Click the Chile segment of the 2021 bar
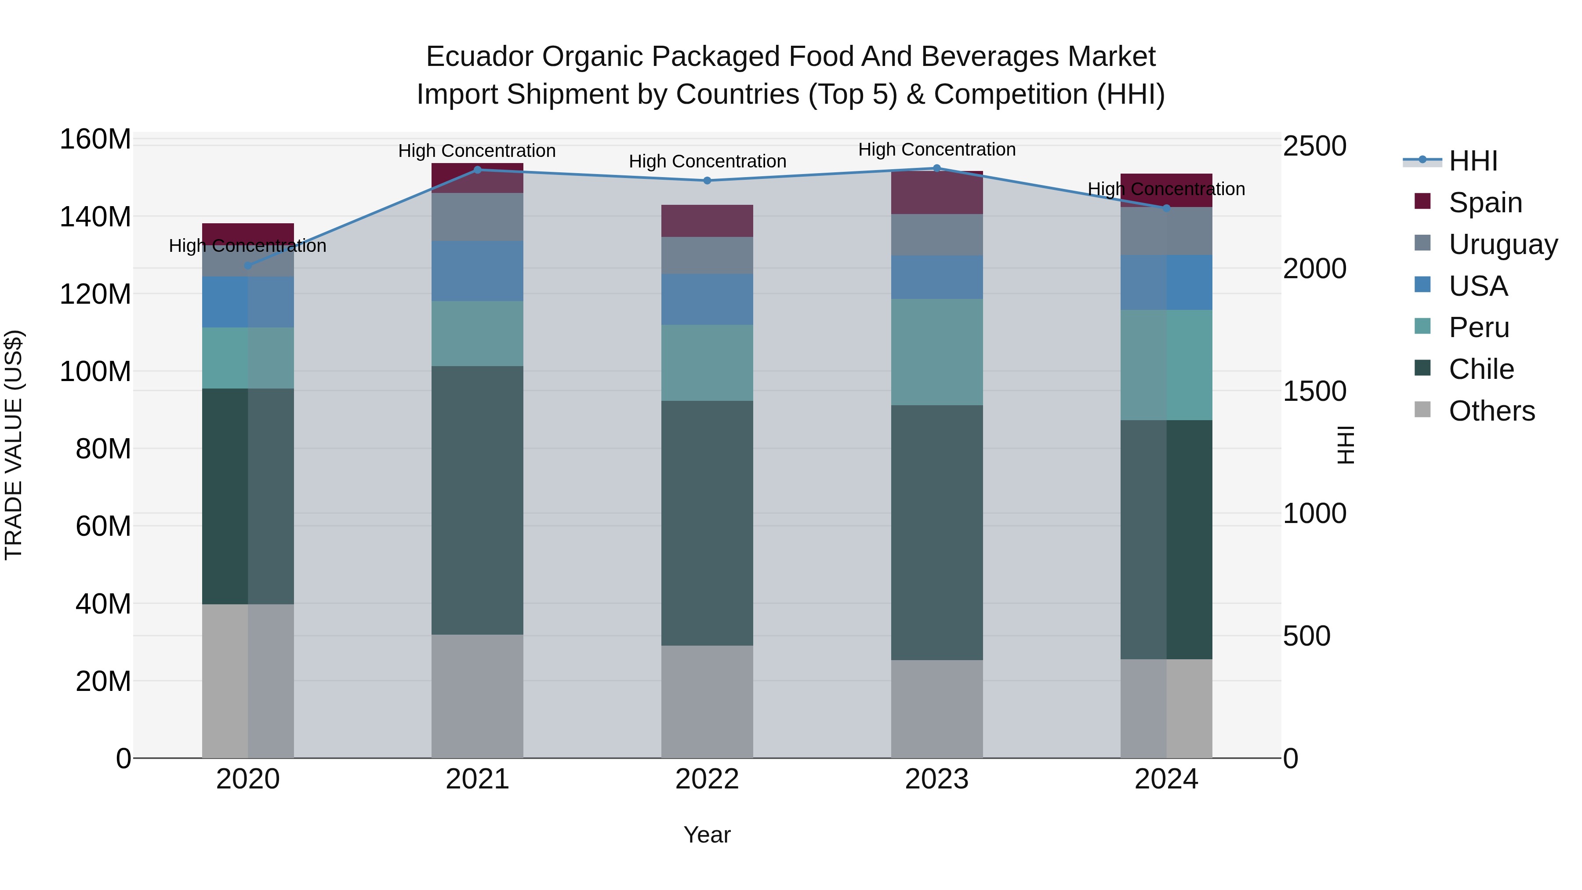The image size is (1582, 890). click(x=477, y=500)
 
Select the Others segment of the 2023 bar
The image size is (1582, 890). click(x=936, y=709)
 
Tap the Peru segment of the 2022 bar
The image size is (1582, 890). click(x=707, y=363)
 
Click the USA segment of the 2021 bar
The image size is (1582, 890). click(x=477, y=270)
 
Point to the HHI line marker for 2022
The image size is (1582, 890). click(x=707, y=181)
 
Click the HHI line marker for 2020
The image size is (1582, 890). click(x=248, y=265)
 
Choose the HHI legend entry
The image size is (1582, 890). click(x=1473, y=161)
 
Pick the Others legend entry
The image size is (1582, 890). click(x=1491, y=411)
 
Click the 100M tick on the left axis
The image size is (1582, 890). click(x=95, y=371)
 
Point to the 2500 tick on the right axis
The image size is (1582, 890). click(x=1314, y=146)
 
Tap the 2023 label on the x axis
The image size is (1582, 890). click(x=936, y=779)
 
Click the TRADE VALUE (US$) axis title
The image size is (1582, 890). click(x=14, y=445)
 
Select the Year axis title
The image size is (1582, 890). click(x=707, y=835)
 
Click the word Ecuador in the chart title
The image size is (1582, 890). click(x=479, y=57)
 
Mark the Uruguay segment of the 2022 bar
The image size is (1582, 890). click(x=707, y=255)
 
